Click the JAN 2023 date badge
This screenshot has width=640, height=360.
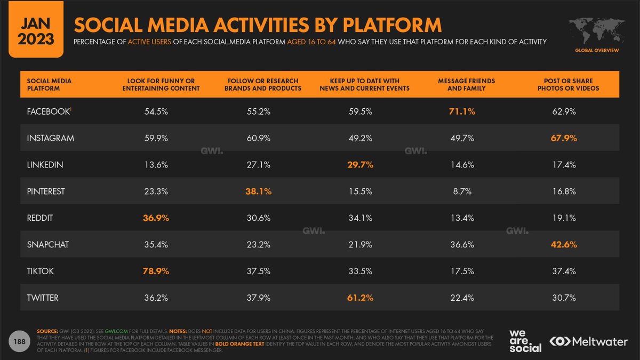point(33,30)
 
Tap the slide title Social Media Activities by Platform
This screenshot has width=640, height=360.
point(257,25)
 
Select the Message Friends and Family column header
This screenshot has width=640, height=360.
point(466,84)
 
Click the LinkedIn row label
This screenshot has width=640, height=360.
point(45,165)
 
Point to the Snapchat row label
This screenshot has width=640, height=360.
point(48,245)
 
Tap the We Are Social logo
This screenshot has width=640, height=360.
point(525,340)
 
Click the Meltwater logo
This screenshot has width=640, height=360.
point(589,340)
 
